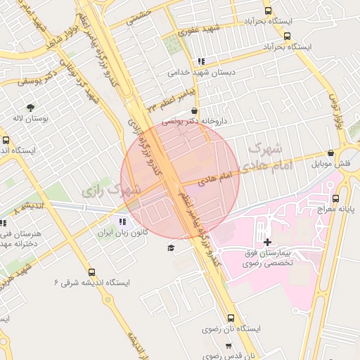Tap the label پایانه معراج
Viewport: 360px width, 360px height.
click(x=335, y=209)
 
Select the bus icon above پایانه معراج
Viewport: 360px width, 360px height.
click(x=335, y=198)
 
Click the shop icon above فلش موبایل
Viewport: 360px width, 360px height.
click(x=330, y=153)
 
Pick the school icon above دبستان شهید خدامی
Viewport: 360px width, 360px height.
click(x=202, y=61)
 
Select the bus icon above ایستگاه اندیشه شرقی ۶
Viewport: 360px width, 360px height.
click(x=91, y=272)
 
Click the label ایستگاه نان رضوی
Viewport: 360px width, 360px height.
click(x=232, y=328)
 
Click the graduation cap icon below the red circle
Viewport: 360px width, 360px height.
click(x=170, y=247)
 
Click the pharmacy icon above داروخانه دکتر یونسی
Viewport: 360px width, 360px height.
click(x=194, y=110)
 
